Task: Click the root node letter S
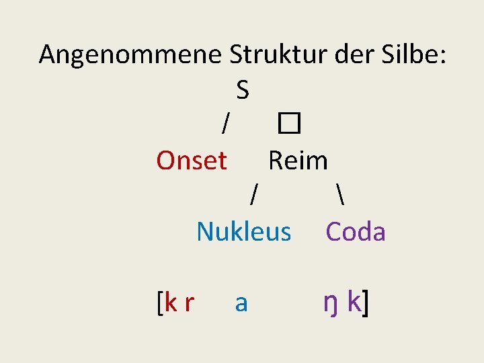pos(243,89)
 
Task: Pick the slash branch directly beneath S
pos(227,124)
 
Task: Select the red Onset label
pos(192,161)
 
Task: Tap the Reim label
pos(298,161)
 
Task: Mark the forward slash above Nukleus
pos(254,196)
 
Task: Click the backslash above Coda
pos(336,196)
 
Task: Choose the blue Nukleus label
pos(244,232)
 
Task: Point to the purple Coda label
pos(356,232)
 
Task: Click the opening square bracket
pos(159,304)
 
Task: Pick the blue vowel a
pos(241,304)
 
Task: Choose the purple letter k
pos(354,302)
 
